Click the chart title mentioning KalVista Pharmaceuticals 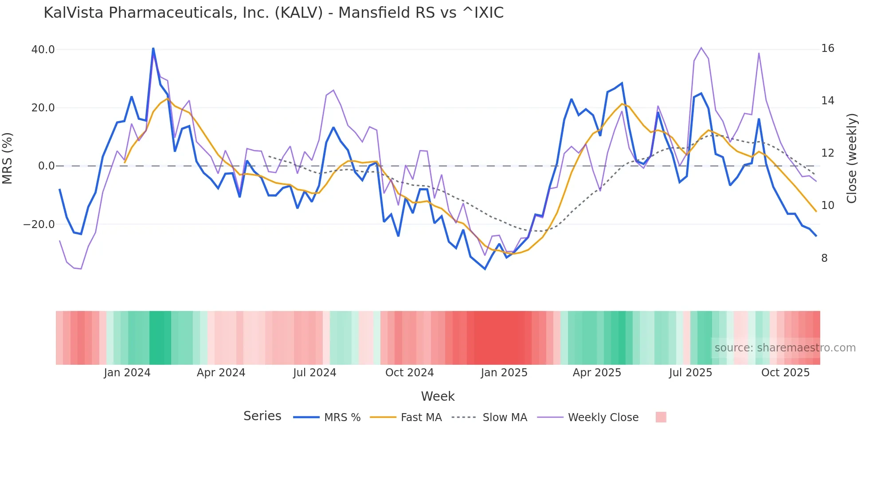tap(274, 13)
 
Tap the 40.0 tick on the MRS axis tap(43, 50)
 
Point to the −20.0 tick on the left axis tap(39, 225)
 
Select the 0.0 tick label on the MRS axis tap(46, 166)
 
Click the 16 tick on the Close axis tap(827, 48)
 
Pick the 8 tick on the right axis tap(824, 258)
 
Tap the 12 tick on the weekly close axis tap(827, 153)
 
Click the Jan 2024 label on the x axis tap(127, 373)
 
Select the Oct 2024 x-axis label tap(409, 373)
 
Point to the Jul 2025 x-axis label tap(690, 373)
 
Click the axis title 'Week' tap(438, 396)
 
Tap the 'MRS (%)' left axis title tap(8, 158)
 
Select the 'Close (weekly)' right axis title tap(852, 158)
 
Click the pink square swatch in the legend tap(661, 417)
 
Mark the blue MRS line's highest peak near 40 tap(153, 48)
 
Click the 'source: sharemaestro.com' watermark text tap(785, 348)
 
